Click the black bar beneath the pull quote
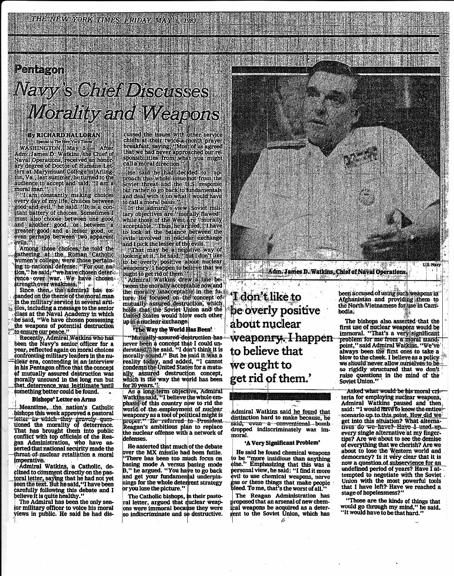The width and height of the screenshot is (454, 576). (280, 396)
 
